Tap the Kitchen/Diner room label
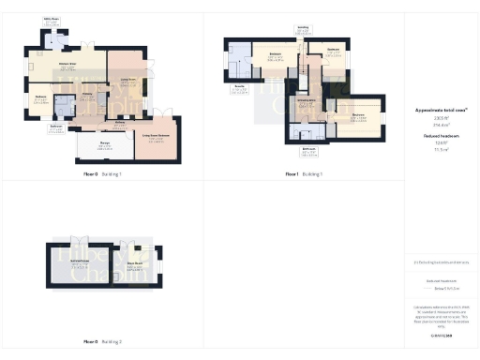coord(67,65)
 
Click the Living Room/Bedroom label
coord(156,137)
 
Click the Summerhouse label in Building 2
coord(79,263)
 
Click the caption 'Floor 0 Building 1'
coord(103,174)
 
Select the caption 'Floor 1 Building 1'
coord(304,174)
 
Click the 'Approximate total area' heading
coord(441,110)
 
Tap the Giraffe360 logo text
coord(441,333)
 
